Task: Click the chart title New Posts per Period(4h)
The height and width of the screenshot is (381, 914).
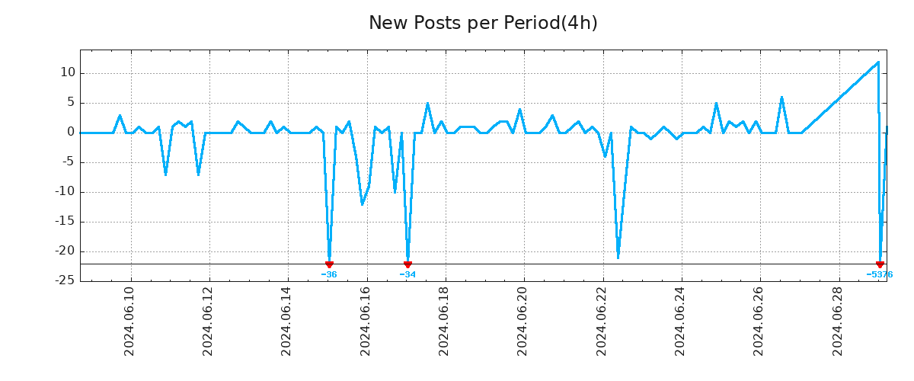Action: click(483, 24)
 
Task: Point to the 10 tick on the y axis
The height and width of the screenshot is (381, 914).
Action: click(68, 73)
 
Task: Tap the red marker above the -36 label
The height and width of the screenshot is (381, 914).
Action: click(329, 264)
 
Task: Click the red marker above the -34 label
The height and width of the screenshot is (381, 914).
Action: click(407, 264)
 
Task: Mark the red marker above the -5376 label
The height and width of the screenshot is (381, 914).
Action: click(880, 264)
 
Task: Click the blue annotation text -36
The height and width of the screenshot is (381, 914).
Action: click(329, 274)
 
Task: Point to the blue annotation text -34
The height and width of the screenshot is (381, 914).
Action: click(407, 274)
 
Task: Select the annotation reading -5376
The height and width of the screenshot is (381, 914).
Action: click(879, 274)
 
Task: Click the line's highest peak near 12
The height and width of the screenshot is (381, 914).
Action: click(878, 62)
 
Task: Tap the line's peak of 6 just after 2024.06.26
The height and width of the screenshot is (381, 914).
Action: click(781, 97)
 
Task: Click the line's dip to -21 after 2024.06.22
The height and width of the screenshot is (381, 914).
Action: click(618, 258)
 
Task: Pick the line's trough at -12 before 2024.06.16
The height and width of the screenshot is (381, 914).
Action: click(362, 204)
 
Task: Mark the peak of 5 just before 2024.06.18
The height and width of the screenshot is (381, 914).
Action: click(427, 103)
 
